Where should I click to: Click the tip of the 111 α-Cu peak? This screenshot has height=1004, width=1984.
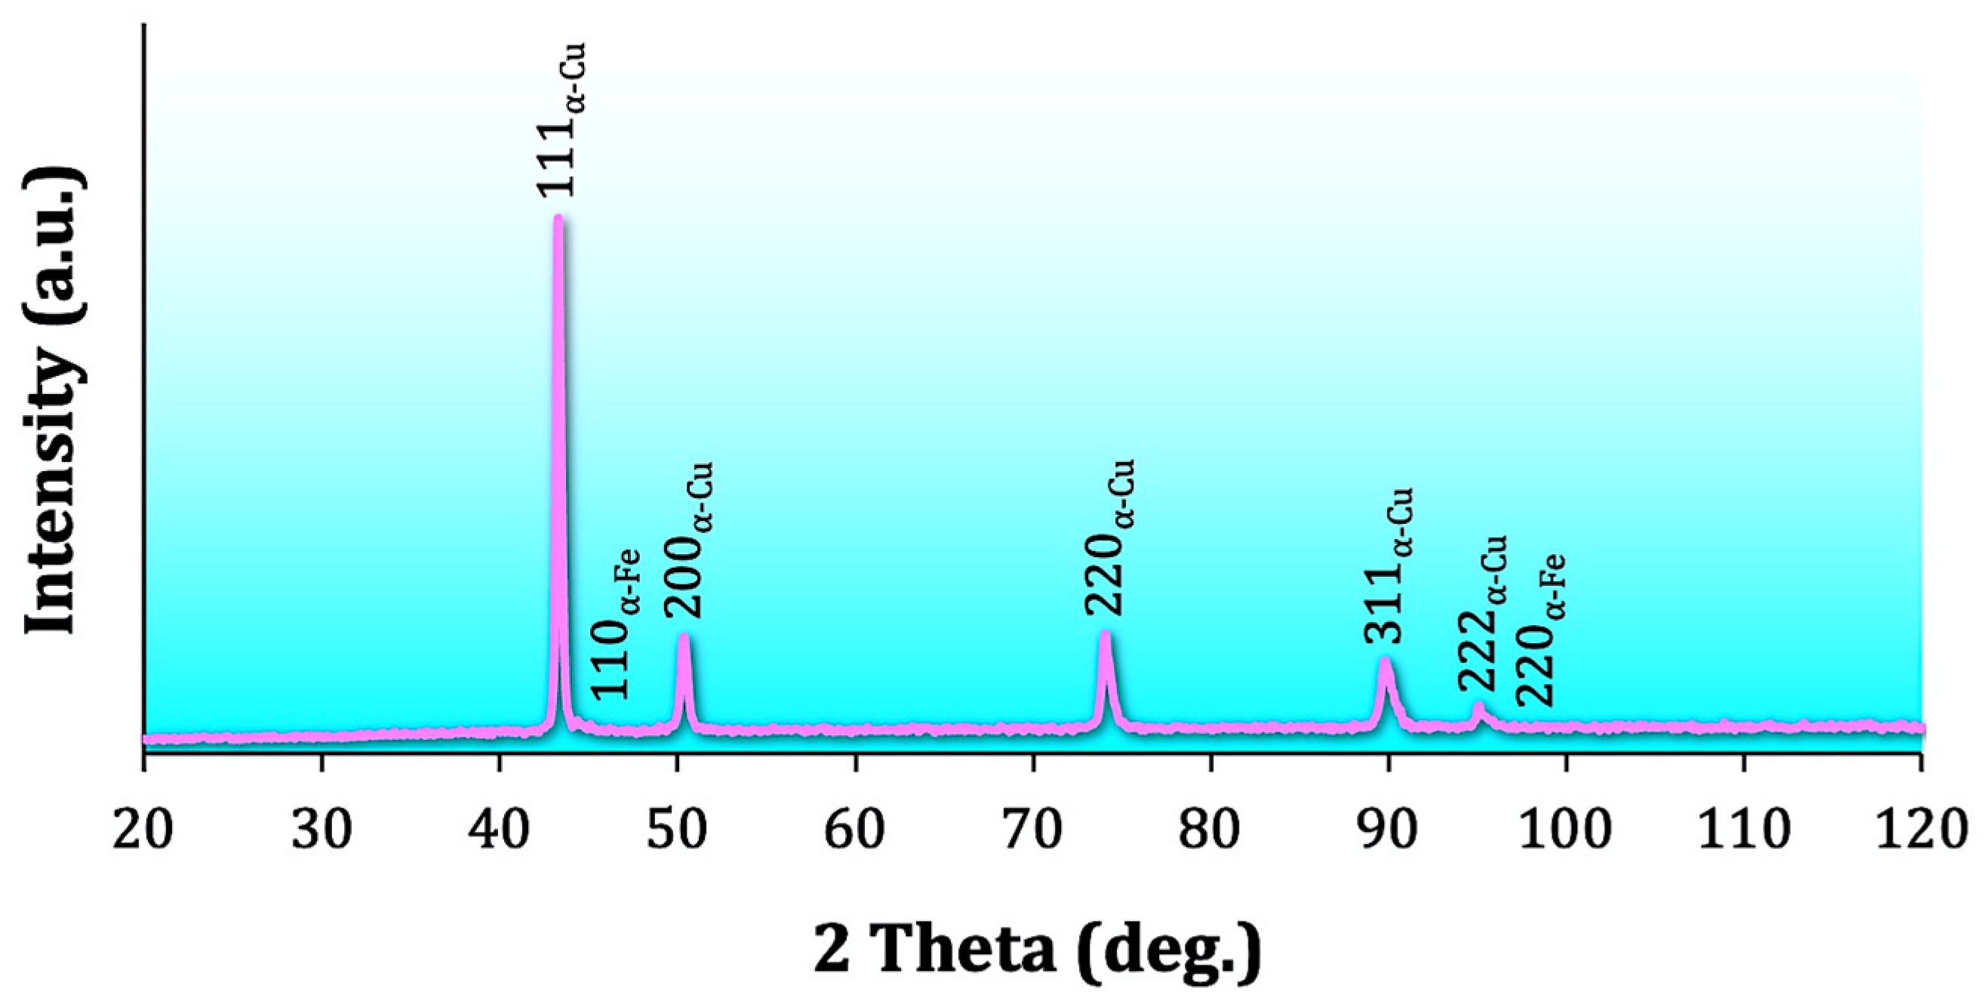tap(558, 218)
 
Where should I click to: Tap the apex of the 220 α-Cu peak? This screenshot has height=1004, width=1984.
tap(1106, 633)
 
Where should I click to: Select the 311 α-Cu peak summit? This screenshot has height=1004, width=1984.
tap(1385, 660)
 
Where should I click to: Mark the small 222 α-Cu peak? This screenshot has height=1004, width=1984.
tap(1478, 707)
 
